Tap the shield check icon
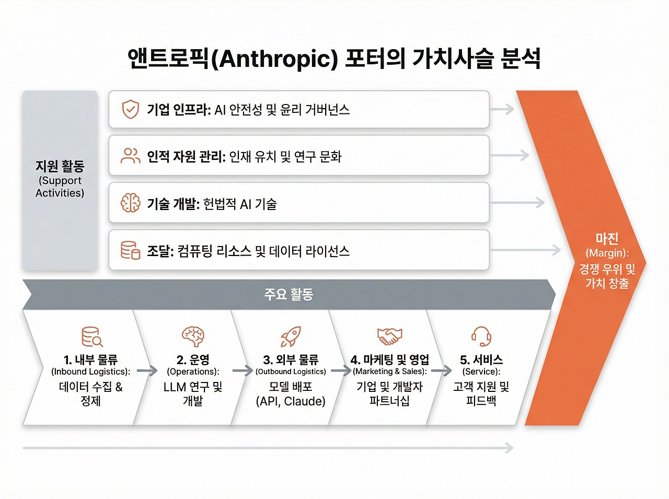pyautogui.click(x=131, y=109)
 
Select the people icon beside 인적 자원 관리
pyautogui.click(x=131, y=156)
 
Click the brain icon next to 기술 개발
pyautogui.click(x=131, y=203)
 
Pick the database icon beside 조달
pyautogui.click(x=131, y=250)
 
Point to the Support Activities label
pyautogui.click(x=60, y=187)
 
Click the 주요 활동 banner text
pyautogui.click(x=289, y=294)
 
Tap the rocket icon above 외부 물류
pyautogui.click(x=291, y=336)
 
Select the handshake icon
pyautogui.click(x=389, y=336)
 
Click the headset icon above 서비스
pyautogui.click(x=481, y=336)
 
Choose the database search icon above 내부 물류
pyautogui.click(x=92, y=337)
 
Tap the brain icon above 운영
pyautogui.click(x=193, y=336)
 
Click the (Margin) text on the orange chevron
pyautogui.click(x=607, y=253)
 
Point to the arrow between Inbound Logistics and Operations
pyautogui.click(x=147, y=371)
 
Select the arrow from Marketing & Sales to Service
pyautogui.click(x=441, y=371)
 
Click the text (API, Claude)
pyautogui.click(x=291, y=401)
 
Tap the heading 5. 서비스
pyautogui.click(x=481, y=360)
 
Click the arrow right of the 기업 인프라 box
pyautogui.click(x=502, y=109)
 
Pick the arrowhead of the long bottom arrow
pyautogui.click(x=510, y=448)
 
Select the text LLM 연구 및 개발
pyautogui.click(x=193, y=394)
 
